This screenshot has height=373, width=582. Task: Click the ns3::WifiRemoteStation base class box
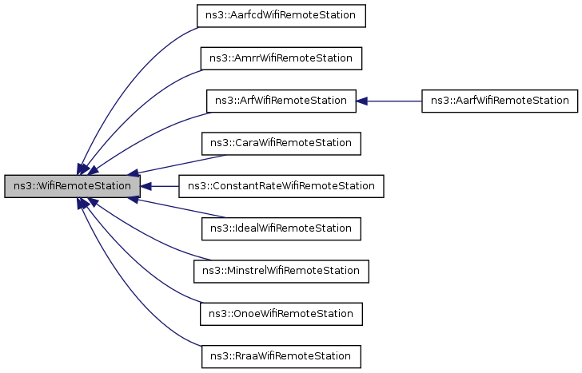click(72, 186)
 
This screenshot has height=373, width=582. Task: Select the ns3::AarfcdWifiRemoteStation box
click(281, 15)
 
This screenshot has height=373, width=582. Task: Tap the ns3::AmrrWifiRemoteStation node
click(281, 58)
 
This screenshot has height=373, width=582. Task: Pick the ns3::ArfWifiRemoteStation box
click(281, 101)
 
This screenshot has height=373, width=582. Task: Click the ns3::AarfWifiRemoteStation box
click(499, 101)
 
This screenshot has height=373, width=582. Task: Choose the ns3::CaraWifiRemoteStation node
click(281, 144)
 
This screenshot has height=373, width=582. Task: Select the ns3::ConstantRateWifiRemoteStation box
click(281, 186)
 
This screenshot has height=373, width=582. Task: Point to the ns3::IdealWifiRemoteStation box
click(281, 229)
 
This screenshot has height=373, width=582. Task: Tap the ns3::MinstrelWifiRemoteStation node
click(281, 272)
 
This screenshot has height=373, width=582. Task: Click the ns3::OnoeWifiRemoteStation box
click(281, 314)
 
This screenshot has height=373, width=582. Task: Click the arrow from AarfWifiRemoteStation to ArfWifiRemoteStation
click(392, 101)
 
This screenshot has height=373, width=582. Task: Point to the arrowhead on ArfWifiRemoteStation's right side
click(361, 101)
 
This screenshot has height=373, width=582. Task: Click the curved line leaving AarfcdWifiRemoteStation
click(128, 64)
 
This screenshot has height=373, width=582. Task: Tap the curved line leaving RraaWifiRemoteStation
click(128, 308)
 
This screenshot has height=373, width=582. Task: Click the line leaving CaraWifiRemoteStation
click(176, 164)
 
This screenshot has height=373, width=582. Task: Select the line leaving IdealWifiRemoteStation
click(176, 208)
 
